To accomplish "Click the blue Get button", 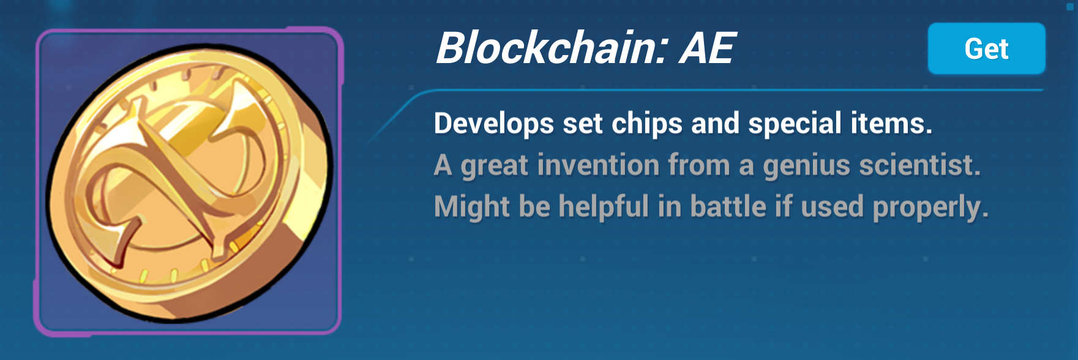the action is coord(986,48).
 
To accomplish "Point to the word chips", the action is coord(647,124).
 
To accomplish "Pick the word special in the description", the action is coord(795,124).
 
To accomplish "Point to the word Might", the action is coord(471,207).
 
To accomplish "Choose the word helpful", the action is coord(604,206).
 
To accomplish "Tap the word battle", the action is coord(728,206).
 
